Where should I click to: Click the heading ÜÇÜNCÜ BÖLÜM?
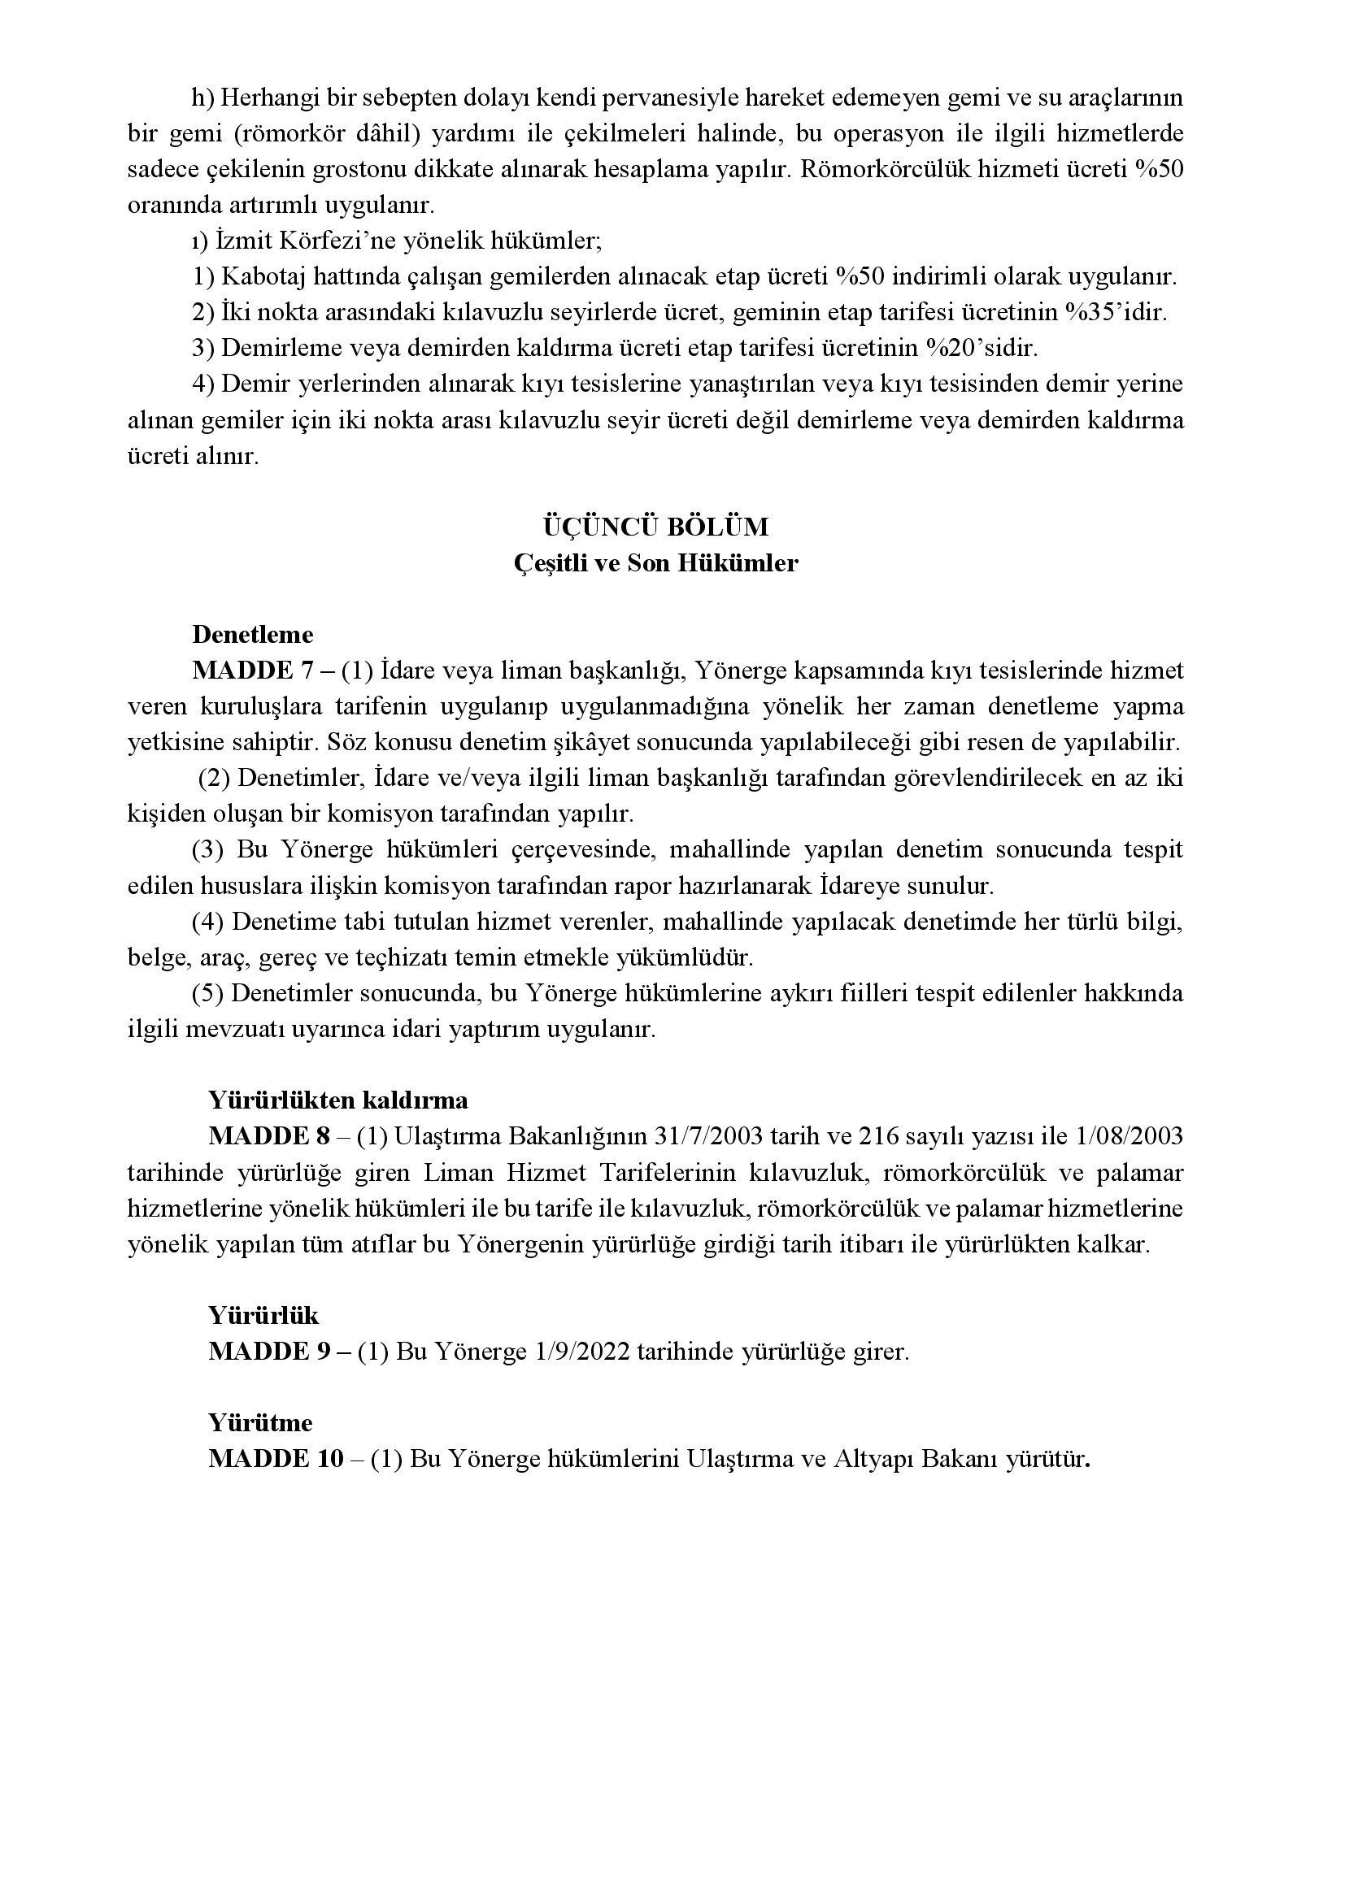click(655, 527)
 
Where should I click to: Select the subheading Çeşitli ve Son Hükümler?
click(655, 564)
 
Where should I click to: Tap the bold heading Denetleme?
click(253, 635)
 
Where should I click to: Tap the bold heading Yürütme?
click(261, 1423)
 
